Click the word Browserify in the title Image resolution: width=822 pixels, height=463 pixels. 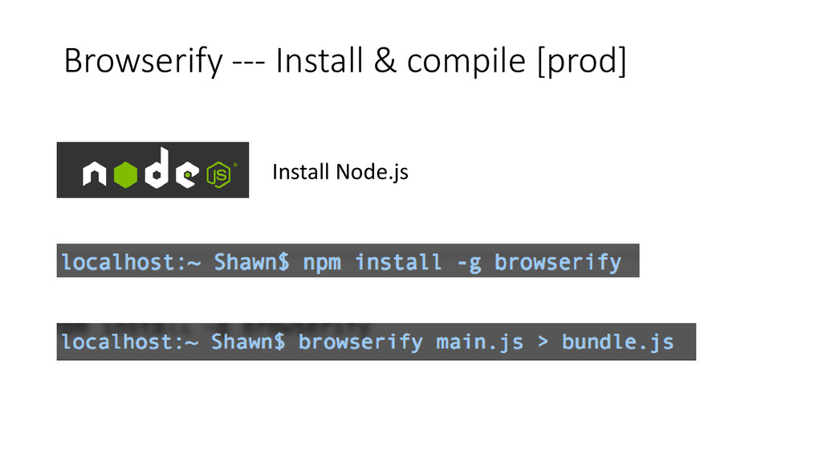(140, 62)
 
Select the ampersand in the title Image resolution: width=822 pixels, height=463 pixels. (384, 62)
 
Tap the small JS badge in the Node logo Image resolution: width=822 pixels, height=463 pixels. (218, 172)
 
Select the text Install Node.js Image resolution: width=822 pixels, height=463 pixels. (340, 171)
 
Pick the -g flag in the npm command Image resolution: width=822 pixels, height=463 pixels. (469, 262)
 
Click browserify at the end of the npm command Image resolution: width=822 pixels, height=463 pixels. (558, 262)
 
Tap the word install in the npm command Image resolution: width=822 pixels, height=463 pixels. (398, 262)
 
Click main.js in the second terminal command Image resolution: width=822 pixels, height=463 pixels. (479, 342)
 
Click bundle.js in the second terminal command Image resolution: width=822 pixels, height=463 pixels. (616, 342)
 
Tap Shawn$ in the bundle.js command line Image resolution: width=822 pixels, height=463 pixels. (247, 342)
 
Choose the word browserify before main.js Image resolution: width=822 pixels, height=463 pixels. (360, 342)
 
